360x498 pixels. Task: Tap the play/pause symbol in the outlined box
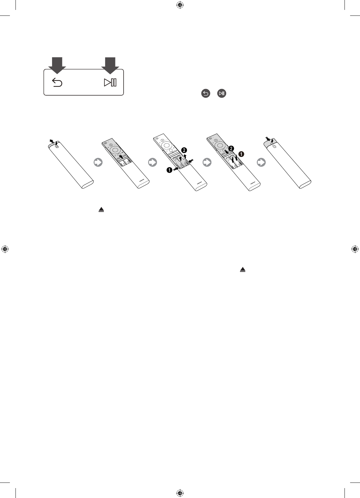click(110, 83)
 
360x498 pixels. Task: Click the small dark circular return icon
click(205, 94)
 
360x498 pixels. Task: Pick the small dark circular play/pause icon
click(222, 94)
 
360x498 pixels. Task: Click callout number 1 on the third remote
click(169, 170)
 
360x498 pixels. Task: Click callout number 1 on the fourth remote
click(241, 154)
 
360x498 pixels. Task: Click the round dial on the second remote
click(116, 150)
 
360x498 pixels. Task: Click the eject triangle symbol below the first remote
click(101, 210)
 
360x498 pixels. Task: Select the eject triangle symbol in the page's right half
click(243, 270)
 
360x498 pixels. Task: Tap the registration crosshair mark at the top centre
click(180, 5)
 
